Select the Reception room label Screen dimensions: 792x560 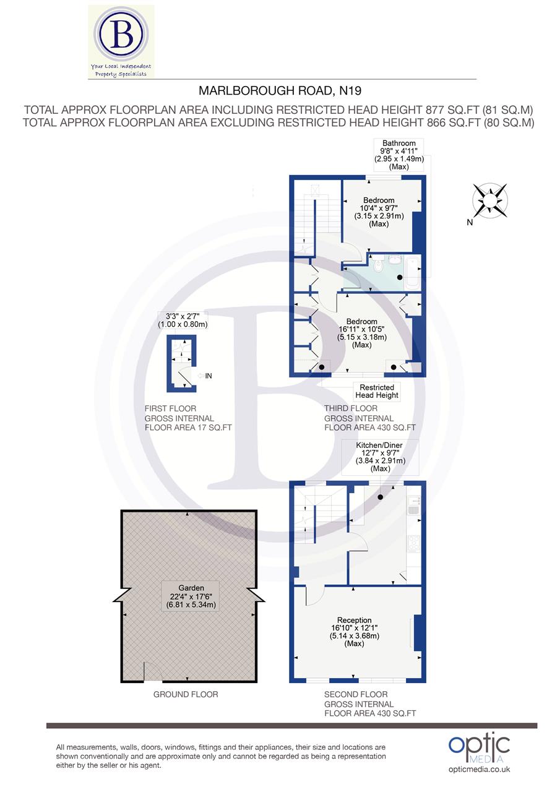click(x=355, y=631)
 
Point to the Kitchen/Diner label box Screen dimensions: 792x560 click(x=381, y=457)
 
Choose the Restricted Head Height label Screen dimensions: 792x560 click(x=377, y=392)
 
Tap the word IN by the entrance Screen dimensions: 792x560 click(x=209, y=376)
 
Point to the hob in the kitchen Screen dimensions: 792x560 click(x=413, y=543)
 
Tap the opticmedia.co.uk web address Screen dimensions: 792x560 click(x=479, y=769)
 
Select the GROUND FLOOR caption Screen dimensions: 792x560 click(x=186, y=694)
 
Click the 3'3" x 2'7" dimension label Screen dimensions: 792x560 click(x=183, y=319)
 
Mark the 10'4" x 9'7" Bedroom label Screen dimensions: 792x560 click(x=379, y=212)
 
